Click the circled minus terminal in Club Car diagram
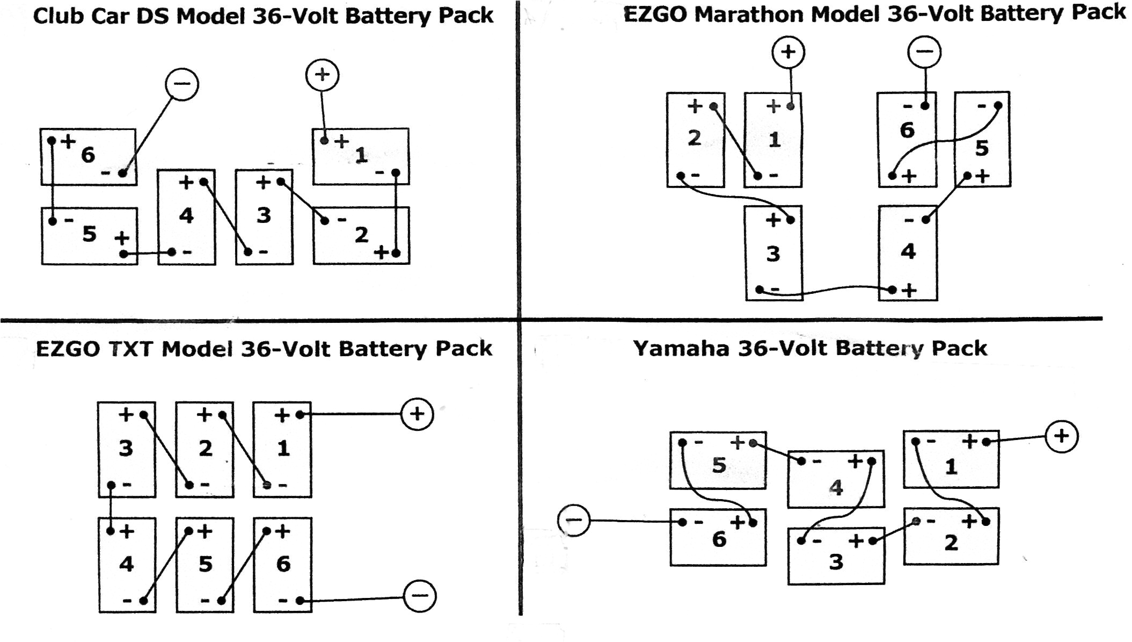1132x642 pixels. coord(182,84)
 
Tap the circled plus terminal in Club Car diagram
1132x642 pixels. coord(322,75)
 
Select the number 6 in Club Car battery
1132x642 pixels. coord(88,155)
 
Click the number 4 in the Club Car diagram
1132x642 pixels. coord(186,215)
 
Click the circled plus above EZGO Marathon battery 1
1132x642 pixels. coord(788,52)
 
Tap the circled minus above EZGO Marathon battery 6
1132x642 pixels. coord(924,52)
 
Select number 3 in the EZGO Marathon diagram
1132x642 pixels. coord(773,254)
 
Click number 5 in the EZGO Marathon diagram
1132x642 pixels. coord(982,148)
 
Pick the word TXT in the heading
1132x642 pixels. coord(132,349)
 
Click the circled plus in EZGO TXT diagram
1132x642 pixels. coord(417,414)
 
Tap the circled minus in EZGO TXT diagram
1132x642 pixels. coord(420,595)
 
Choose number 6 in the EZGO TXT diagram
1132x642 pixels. coord(283,564)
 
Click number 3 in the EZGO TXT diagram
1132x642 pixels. coord(126,448)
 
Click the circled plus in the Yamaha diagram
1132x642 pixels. coord(1061,436)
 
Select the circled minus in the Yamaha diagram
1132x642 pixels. coord(574,520)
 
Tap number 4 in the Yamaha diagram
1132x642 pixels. coord(836,488)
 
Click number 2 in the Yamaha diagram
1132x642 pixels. coord(951,543)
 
